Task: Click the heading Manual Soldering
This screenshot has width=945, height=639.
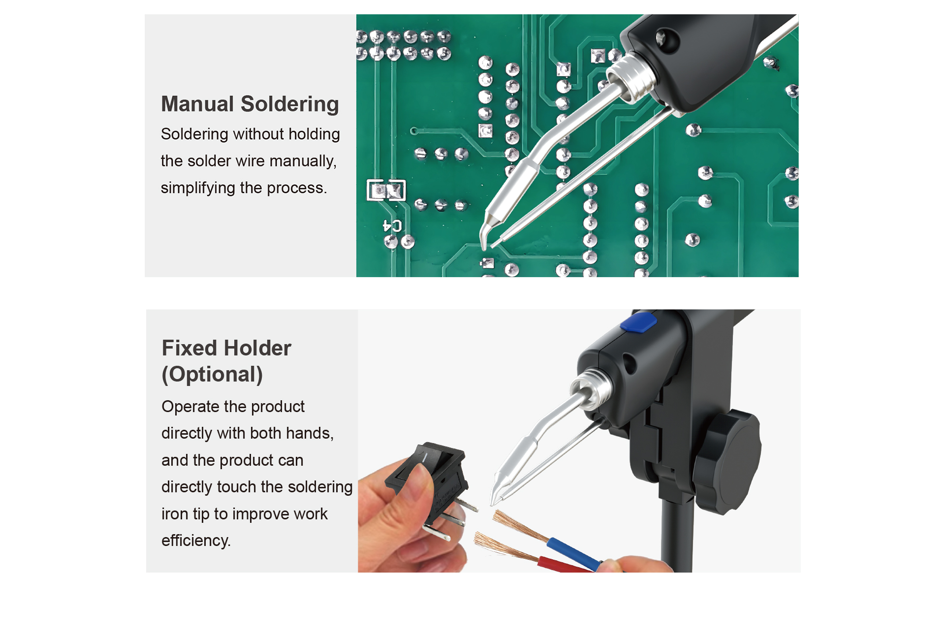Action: click(x=250, y=104)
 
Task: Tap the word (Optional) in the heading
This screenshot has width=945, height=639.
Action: click(x=212, y=375)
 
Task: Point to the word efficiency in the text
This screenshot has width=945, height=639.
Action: click(x=195, y=541)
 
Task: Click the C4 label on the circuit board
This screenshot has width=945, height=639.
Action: click(x=393, y=226)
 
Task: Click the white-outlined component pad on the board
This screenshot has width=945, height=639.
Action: click(x=386, y=190)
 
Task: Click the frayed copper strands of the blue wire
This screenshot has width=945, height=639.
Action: click(x=519, y=525)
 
